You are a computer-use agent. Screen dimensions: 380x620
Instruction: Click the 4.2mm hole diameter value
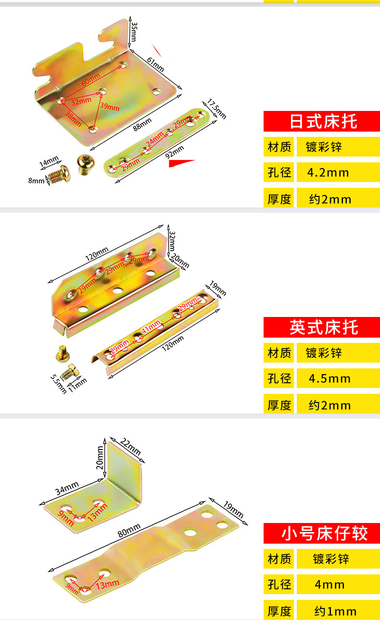click(328, 173)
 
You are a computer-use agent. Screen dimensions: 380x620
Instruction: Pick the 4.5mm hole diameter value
click(329, 378)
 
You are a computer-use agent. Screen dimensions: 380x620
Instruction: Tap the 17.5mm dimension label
click(216, 109)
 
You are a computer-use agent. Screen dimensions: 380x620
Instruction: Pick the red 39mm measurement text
click(110, 106)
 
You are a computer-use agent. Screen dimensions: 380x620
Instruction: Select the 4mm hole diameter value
click(329, 584)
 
